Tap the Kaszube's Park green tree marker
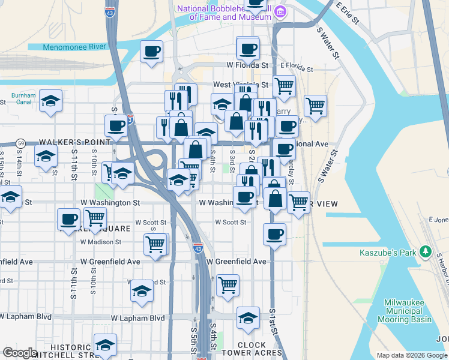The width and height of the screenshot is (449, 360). coord(426,251)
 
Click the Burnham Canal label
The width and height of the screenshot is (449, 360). coord(23,98)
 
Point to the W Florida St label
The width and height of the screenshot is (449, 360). coord(247,65)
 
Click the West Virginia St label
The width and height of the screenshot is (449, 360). coord(240,85)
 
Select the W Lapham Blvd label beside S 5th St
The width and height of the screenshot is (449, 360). coord(138,317)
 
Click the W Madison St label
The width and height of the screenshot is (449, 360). coord(101,242)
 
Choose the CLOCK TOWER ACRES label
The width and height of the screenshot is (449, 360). coord(260,349)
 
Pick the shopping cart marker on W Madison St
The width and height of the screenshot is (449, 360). coord(155,244)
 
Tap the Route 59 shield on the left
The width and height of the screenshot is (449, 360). coord(20,143)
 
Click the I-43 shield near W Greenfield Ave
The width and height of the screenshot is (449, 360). coord(198,247)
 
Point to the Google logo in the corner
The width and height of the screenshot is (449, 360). coord(20,353)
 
